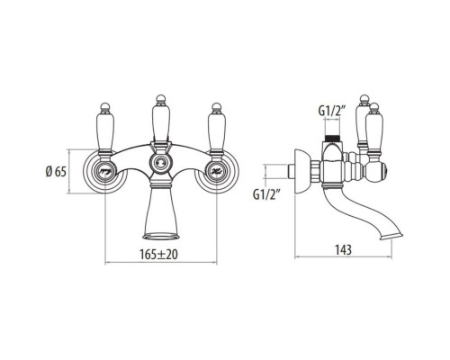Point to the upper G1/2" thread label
(333, 112)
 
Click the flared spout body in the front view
(161, 211)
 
